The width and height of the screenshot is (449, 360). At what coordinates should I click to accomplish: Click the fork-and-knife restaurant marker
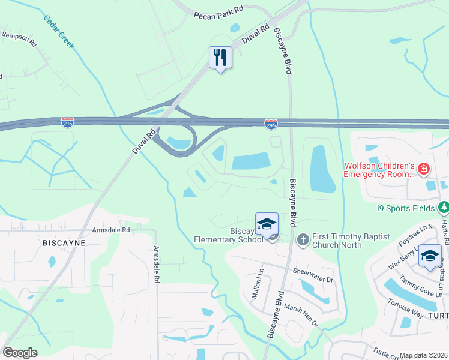click(220, 58)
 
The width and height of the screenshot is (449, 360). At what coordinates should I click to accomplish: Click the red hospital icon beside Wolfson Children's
click(424, 170)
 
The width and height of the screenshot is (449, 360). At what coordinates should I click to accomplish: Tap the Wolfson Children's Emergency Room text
click(379, 170)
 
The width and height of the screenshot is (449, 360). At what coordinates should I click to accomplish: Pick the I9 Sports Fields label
click(406, 209)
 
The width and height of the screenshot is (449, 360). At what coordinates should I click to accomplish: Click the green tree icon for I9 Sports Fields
click(443, 208)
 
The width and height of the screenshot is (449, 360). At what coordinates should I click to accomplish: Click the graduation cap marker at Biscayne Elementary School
click(267, 224)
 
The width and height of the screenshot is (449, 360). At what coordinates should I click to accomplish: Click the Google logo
click(20, 353)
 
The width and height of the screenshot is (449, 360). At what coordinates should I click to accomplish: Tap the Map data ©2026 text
click(423, 355)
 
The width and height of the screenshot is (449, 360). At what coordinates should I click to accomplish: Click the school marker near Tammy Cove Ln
click(430, 256)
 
